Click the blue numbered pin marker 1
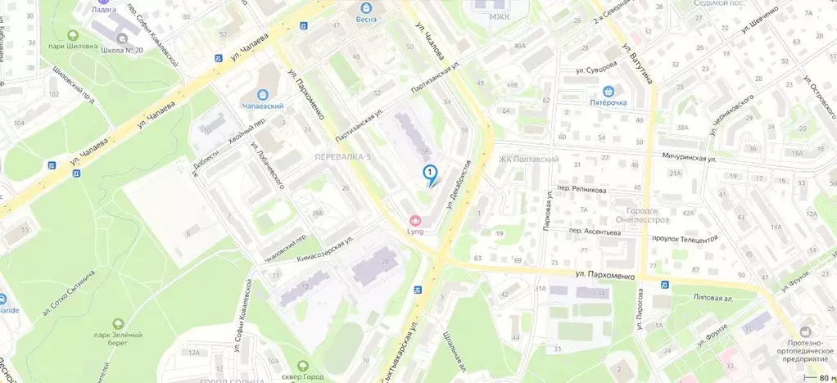click(429, 173)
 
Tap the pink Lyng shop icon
click(415, 219)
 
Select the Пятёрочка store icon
click(609, 91)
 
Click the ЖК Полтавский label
click(528, 159)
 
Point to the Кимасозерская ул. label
click(326, 248)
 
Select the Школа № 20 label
click(123, 50)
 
